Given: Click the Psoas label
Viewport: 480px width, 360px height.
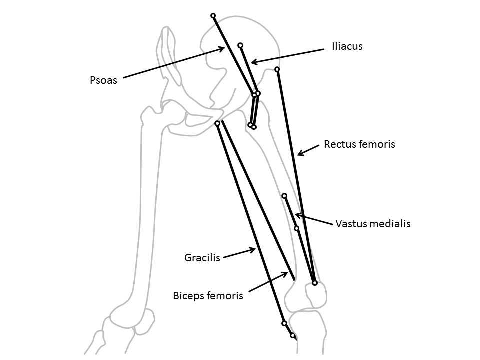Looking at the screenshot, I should [x=103, y=80].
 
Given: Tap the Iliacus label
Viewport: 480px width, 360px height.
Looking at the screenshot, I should [x=346, y=46].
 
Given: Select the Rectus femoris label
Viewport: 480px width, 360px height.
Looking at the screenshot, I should [x=359, y=144].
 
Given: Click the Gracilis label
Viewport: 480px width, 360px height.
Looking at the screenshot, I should [x=202, y=258].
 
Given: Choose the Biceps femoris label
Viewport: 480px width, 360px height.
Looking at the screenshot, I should [x=208, y=295].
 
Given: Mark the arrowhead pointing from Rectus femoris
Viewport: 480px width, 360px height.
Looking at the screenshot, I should [x=298, y=154].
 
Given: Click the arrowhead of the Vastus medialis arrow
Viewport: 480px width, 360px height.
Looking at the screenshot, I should [x=295, y=215].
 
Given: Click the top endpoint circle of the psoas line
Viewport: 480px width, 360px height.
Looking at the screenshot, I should [x=213, y=16].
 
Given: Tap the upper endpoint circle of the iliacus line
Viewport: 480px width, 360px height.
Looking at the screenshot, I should [x=240, y=45].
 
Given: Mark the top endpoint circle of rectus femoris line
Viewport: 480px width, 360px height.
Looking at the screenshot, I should [x=277, y=69].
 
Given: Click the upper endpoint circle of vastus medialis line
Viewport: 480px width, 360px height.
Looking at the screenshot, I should [x=284, y=196].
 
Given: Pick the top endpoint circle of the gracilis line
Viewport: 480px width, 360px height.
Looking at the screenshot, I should [x=217, y=123].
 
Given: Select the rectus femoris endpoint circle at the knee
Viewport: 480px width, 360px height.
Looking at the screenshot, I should [x=315, y=283].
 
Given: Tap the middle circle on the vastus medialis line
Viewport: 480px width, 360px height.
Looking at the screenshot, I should [x=297, y=228].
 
